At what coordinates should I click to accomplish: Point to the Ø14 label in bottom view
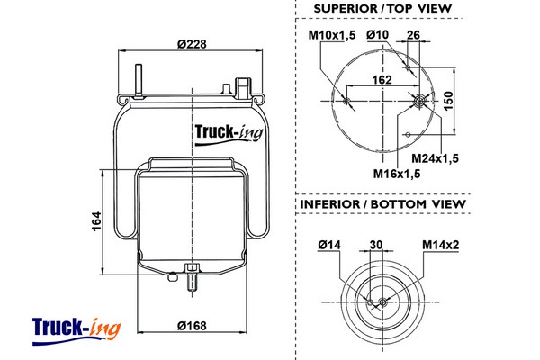pyautogui.click(x=328, y=244)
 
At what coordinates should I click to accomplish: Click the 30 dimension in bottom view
pyautogui.click(x=377, y=244)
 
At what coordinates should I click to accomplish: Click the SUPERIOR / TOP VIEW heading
pyautogui.click(x=382, y=9)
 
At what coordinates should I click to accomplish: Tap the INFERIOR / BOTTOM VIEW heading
pyautogui.click(x=382, y=203)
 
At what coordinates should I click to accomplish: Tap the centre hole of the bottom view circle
pyautogui.click(x=382, y=301)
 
